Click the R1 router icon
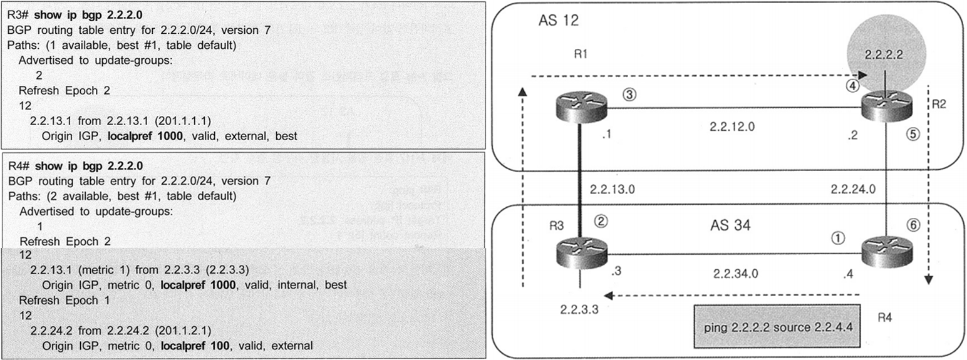tap(581, 107)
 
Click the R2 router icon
tap(885, 107)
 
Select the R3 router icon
tap(581, 254)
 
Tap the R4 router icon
tap(885, 254)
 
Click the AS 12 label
tap(559, 21)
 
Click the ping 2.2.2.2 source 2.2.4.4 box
tap(775, 326)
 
